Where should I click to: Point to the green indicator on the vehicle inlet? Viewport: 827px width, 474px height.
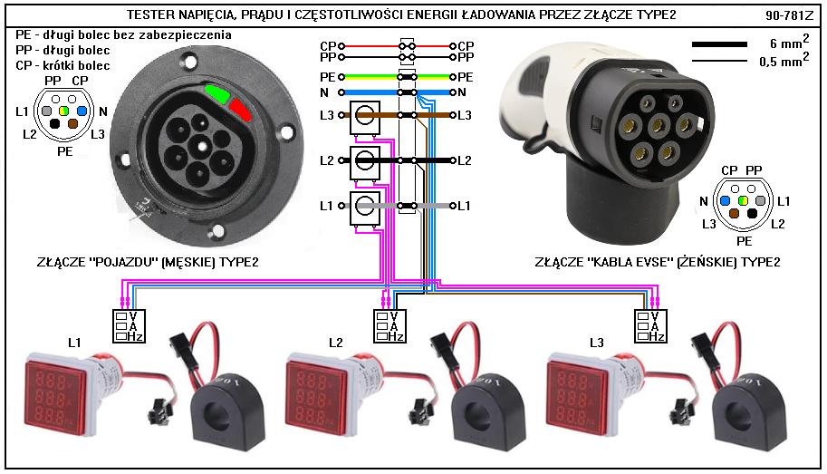click(217, 92)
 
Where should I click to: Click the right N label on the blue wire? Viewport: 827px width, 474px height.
click(462, 92)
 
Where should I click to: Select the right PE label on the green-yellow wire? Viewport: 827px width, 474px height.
click(466, 78)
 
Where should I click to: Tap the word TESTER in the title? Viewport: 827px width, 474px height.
click(148, 15)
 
